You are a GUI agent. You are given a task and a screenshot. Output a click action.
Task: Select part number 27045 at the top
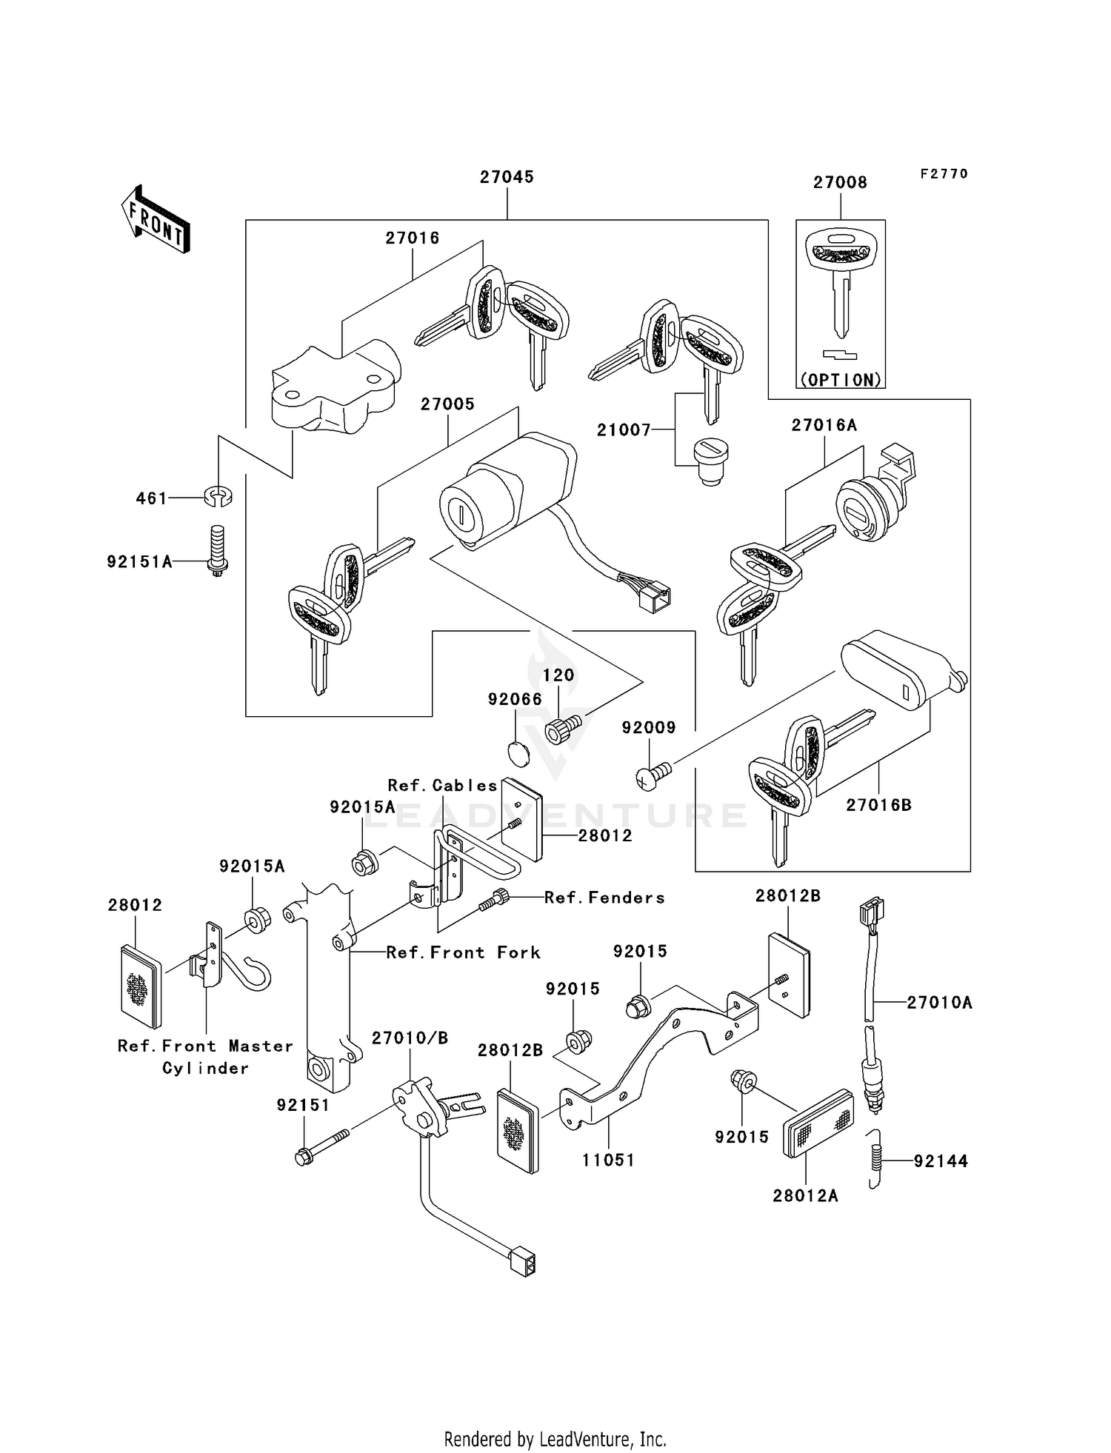coord(507,177)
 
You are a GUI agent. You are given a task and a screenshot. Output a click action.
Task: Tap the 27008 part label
coord(839,182)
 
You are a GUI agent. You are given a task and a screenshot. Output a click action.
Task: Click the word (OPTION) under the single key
coord(841,380)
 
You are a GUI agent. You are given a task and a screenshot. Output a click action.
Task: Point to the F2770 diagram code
coord(944,173)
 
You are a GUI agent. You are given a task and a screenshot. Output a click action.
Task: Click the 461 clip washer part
coord(218,496)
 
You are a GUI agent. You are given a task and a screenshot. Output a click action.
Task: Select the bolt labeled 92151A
coord(217,550)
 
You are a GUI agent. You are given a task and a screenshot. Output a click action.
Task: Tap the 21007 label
coord(624,430)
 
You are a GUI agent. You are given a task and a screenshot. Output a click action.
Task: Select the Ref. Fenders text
coord(604,898)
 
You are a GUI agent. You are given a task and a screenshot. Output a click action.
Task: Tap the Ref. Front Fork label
coord(463,952)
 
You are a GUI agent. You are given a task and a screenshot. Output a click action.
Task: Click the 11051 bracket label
coord(608,1160)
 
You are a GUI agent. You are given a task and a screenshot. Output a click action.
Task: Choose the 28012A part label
coord(805,1196)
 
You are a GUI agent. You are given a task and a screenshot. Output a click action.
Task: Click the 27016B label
coord(878,805)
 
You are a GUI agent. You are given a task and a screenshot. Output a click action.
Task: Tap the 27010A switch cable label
coord(939,1003)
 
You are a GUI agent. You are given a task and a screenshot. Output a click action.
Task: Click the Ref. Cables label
coord(442,785)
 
